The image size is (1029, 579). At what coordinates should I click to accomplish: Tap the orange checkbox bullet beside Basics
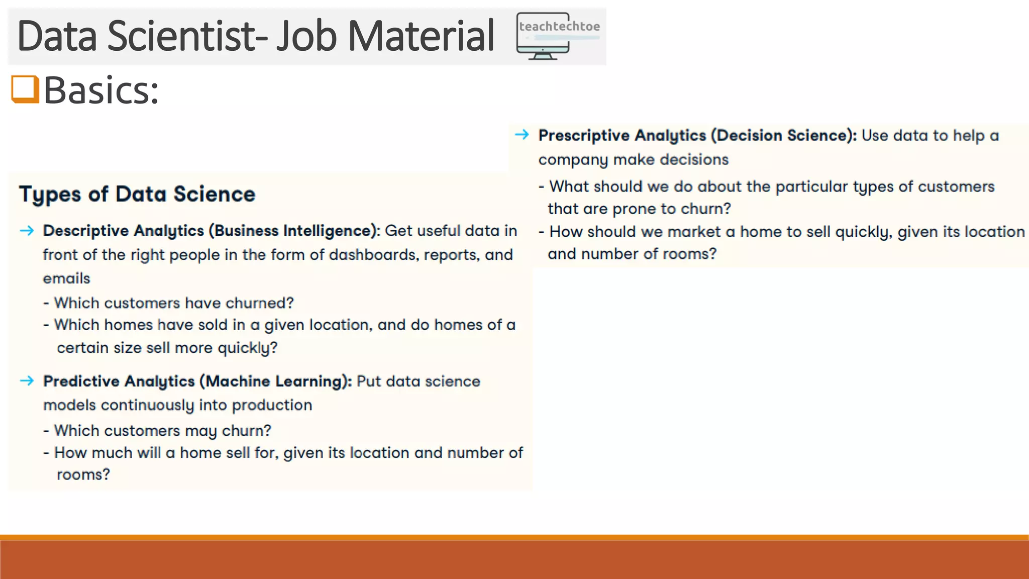pos(25,89)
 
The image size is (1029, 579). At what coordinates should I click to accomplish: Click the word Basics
pos(101,90)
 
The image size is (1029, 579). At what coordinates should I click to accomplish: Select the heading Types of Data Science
pos(137,195)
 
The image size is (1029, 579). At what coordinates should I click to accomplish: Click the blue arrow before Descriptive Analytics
pos(27,231)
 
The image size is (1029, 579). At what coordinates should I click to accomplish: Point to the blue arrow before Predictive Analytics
pos(27,380)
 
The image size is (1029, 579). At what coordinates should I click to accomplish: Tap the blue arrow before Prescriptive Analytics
pos(522,134)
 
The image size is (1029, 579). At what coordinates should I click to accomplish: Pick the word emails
pos(66,278)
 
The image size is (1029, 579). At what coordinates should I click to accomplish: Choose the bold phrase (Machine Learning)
pos(275,381)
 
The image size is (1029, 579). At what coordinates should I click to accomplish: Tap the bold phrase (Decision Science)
pos(783,135)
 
